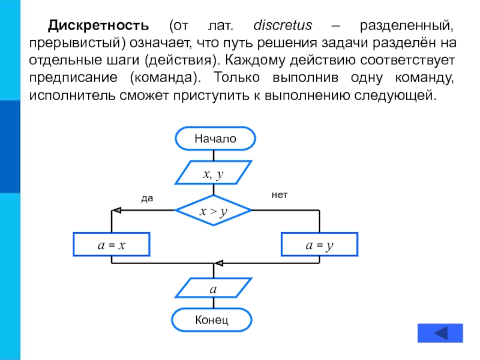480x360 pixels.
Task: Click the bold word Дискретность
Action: (x=98, y=25)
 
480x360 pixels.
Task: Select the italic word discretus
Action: (x=283, y=25)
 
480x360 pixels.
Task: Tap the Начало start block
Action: (x=215, y=139)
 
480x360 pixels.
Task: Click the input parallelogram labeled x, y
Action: (x=214, y=173)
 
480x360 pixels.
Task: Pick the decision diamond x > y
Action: (x=214, y=211)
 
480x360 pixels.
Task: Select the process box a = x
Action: (x=112, y=244)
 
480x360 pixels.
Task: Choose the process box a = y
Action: (x=319, y=244)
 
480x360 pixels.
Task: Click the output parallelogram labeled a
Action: (x=214, y=288)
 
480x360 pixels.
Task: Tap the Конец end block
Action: (x=212, y=320)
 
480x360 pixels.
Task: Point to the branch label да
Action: (x=147, y=199)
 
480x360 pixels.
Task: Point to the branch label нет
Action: (x=280, y=194)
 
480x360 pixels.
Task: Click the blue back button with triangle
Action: (x=440, y=333)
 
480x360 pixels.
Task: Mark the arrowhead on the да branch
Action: (x=116, y=211)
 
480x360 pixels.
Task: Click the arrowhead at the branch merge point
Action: (x=218, y=263)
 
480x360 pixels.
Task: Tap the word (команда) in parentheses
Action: (x=166, y=78)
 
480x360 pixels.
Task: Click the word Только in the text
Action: (x=236, y=77)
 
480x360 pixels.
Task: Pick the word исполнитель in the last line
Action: (x=72, y=95)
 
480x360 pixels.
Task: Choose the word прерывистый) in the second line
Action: (x=77, y=43)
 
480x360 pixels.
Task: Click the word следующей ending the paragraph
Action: (x=395, y=95)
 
